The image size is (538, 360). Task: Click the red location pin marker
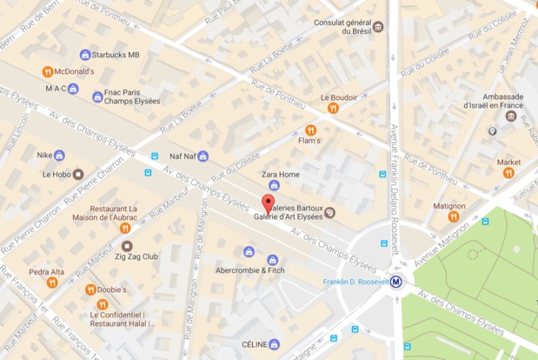pos(268,203)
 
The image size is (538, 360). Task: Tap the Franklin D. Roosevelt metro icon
pos(396,281)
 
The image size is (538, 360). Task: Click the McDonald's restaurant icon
pos(48,71)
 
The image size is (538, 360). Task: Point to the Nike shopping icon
pos(59,156)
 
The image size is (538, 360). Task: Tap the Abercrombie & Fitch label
pos(251,270)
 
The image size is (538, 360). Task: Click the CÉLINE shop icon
pos(275,344)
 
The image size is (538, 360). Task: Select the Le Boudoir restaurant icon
pos(333,109)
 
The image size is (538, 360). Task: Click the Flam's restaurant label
pos(309,140)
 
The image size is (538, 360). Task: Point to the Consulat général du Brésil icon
pos(378,27)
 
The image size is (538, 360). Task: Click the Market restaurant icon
pos(508,173)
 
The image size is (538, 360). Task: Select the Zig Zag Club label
pos(137,257)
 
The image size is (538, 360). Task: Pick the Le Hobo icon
pos(78,174)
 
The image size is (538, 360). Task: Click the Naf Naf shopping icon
pos(203,157)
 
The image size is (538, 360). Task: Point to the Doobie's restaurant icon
pos(90,290)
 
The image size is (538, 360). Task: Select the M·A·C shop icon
pos(73,88)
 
